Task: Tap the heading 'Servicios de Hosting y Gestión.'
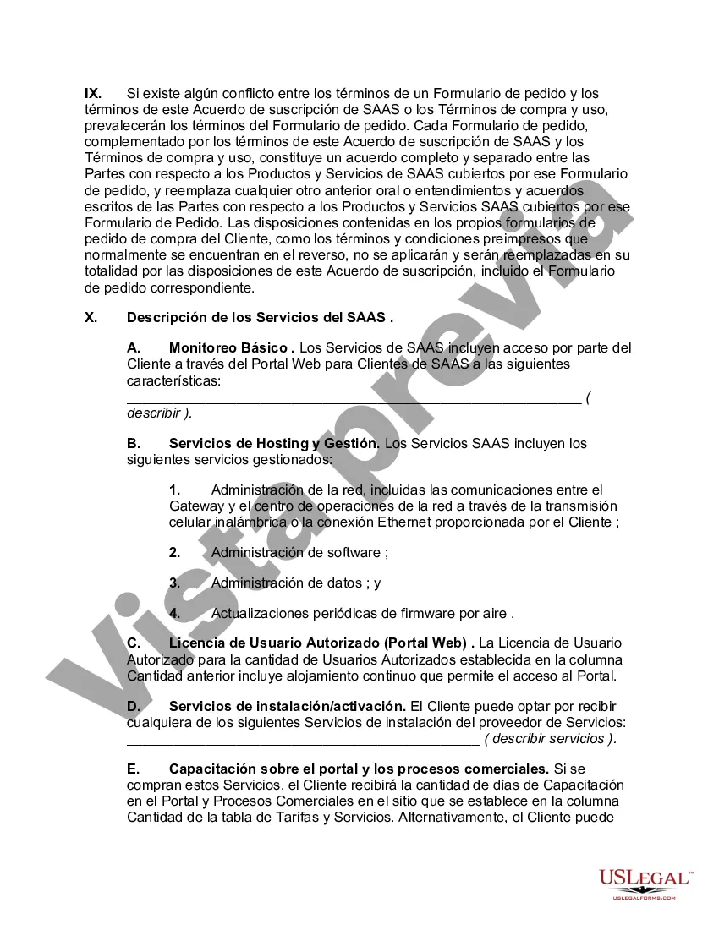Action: pyautogui.click(x=274, y=443)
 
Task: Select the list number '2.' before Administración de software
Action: pyautogui.click(x=175, y=552)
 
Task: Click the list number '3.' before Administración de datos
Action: pyautogui.click(x=175, y=583)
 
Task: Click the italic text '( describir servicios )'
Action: pyautogui.click(x=550, y=738)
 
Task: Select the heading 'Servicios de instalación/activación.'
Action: pyautogui.click(x=288, y=706)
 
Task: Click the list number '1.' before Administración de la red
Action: pyautogui.click(x=175, y=490)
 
